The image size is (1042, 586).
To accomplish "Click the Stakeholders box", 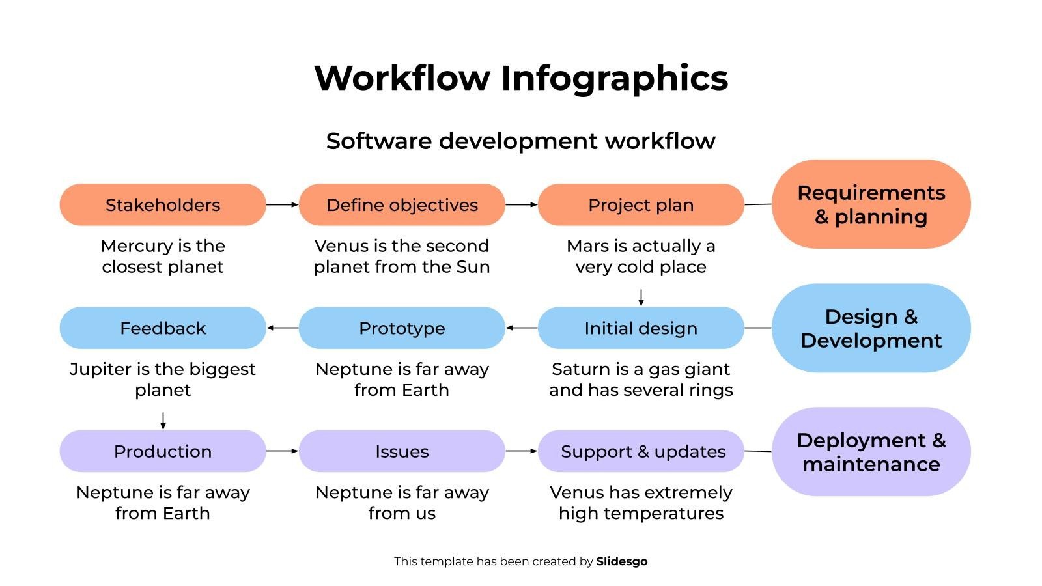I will (163, 204).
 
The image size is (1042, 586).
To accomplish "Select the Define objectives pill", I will (402, 204).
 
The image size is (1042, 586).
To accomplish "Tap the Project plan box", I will (641, 204).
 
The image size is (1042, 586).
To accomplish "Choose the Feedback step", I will (163, 328).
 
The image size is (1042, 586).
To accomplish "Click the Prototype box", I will (402, 328).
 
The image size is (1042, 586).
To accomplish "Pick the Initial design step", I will (641, 328).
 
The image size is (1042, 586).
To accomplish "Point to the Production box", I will (163, 451).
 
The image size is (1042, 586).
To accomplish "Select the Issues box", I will (402, 451).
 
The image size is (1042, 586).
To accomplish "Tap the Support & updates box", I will (641, 451).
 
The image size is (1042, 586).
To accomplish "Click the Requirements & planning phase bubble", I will (871, 204).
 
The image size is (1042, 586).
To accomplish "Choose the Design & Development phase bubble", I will (871, 328).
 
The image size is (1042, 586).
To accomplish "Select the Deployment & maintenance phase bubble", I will (871, 451).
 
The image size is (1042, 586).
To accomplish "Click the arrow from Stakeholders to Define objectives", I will (282, 204).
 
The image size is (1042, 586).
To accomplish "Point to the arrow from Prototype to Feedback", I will (282, 328).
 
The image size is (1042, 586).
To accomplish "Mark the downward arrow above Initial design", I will (641, 298).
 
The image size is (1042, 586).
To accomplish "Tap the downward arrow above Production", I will (163, 421).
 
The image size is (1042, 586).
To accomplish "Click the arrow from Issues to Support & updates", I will (521, 451).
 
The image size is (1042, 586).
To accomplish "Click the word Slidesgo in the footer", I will (621, 561).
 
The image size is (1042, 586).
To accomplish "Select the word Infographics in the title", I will (614, 78).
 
